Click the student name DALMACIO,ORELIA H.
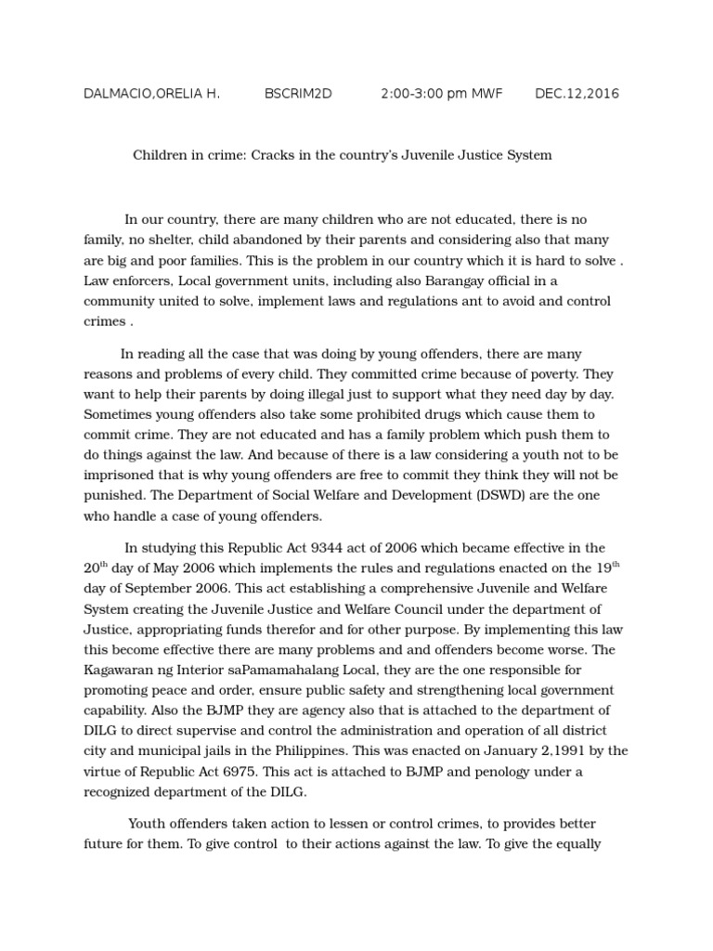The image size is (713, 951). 151,94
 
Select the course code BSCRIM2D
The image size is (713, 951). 298,94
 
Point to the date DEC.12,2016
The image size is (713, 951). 577,94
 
